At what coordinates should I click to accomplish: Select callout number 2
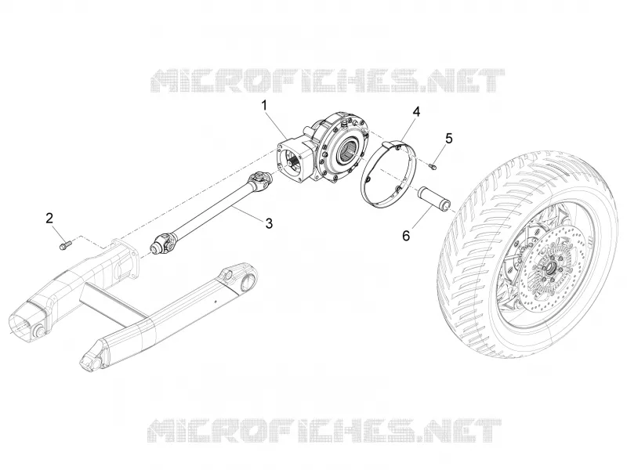point(49,219)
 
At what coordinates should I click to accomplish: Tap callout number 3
point(269,223)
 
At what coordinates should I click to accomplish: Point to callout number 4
point(416,112)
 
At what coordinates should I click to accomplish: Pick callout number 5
point(449,139)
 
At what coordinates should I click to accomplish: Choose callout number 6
point(406,237)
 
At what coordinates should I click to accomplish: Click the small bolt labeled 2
point(65,244)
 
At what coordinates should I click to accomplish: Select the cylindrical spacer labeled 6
point(434,197)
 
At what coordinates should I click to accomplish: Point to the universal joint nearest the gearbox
point(260,180)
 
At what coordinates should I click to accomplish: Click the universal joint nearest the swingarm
point(163,244)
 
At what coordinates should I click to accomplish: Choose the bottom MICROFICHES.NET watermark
point(324,430)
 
